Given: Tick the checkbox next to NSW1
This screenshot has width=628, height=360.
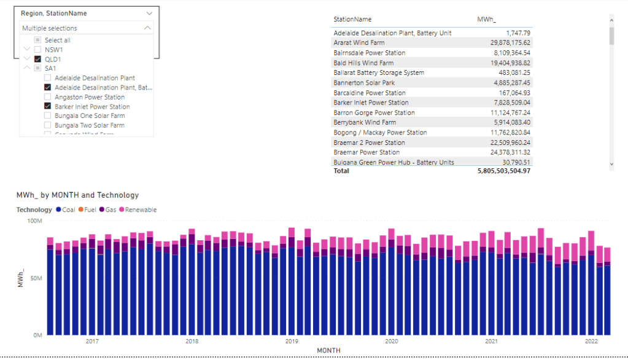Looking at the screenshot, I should (x=38, y=50).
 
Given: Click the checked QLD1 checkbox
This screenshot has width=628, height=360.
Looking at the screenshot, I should (x=38, y=59).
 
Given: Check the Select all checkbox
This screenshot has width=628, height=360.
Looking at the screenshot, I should (x=38, y=41).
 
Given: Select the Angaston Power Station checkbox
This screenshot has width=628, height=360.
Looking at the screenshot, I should (x=48, y=97).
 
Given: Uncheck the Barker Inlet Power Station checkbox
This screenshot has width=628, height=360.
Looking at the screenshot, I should (x=48, y=106).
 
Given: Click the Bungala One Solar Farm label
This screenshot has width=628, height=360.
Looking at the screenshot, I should (x=90, y=115).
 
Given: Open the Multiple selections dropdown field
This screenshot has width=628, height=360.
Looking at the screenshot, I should (x=86, y=28).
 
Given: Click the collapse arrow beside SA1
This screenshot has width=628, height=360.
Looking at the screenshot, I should (x=27, y=68).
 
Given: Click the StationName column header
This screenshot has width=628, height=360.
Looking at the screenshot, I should (x=352, y=20).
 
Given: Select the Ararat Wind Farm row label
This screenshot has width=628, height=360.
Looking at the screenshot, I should (x=359, y=43).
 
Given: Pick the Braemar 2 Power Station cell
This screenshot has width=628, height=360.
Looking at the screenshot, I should (x=369, y=143).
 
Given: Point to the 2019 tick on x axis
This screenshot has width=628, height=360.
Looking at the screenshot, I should (x=292, y=341).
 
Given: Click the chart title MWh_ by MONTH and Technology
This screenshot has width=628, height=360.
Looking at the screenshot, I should (x=77, y=195).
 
